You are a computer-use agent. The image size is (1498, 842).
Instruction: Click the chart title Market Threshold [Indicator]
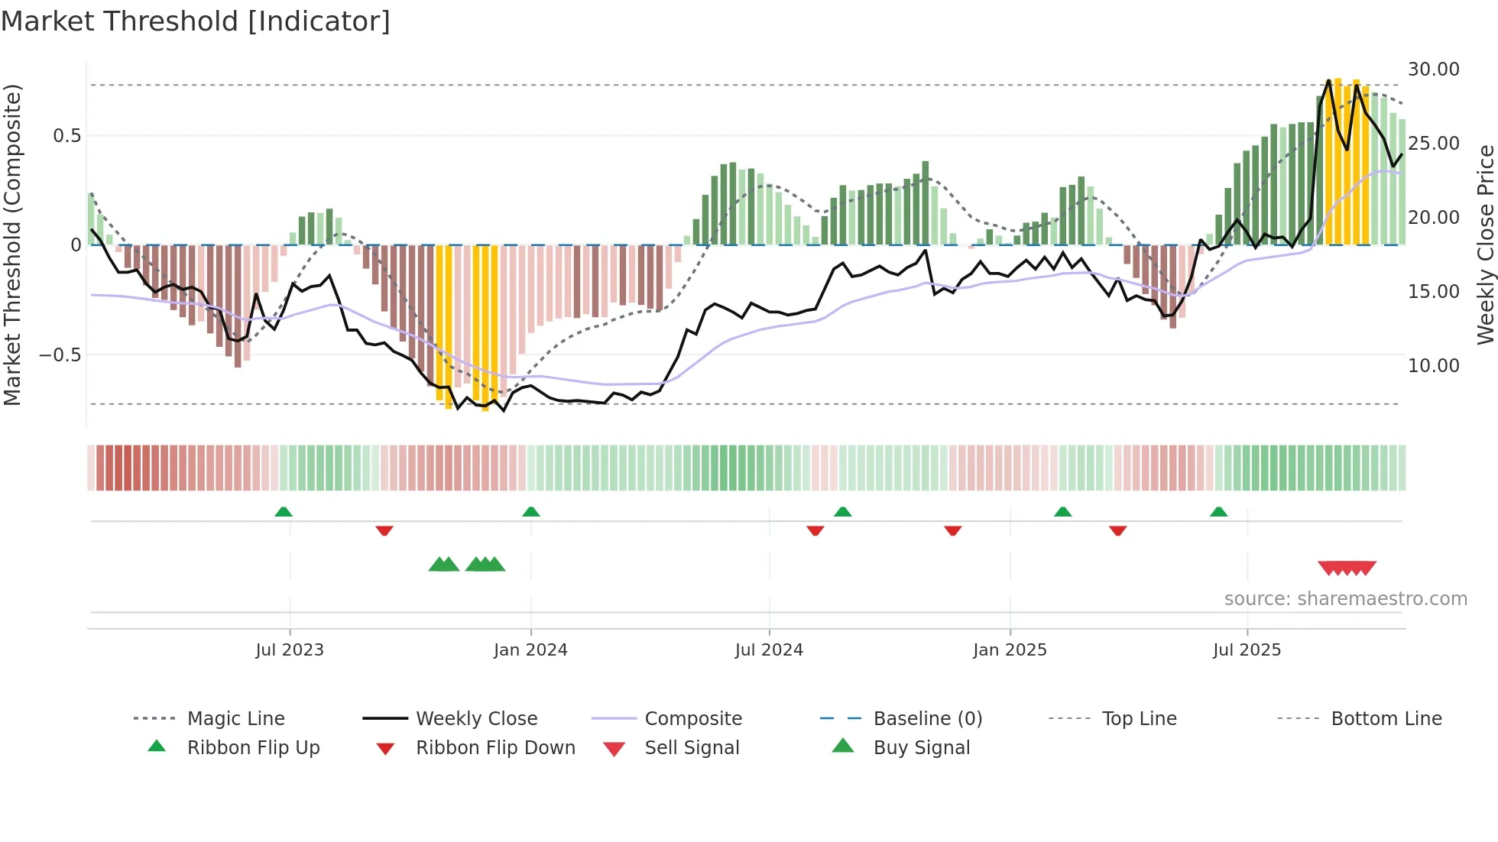coord(196,21)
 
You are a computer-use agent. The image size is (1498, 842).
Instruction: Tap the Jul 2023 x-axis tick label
coord(290,650)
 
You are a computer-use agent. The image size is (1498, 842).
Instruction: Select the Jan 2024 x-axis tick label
coord(530,650)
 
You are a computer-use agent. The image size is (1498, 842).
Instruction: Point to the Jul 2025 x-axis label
coord(1247,650)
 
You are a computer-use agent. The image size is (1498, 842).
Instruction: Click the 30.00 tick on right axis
coord(1433,70)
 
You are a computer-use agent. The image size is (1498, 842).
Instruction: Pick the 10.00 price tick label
coord(1433,366)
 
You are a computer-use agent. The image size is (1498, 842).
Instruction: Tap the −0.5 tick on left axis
coord(60,355)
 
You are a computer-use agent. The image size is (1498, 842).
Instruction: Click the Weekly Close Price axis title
coord(1485,245)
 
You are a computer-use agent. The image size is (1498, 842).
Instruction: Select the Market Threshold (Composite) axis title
coord(12,245)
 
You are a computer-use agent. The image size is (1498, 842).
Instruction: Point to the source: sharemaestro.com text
coord(1345,599)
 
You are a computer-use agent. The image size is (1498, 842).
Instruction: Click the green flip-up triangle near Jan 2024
coord(531,512)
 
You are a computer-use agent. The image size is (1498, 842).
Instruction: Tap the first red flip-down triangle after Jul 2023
coord(384,530)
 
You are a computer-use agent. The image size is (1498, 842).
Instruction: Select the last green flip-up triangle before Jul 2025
coord(1218,512)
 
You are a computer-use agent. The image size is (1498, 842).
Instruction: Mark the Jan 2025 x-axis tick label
coord(1010,650)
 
